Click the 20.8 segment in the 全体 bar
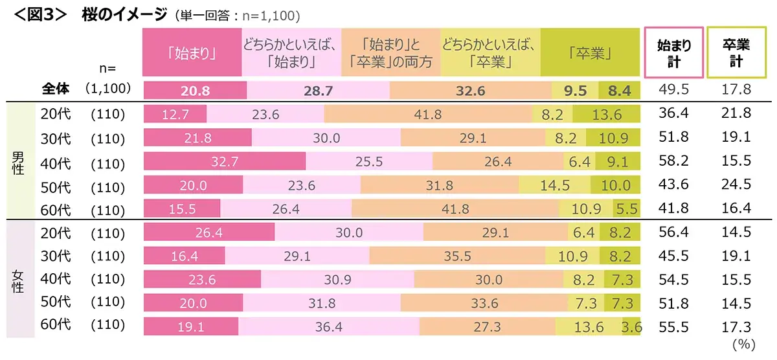[194, 91]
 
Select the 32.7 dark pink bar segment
[224, 161]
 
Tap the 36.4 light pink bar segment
[328, 327]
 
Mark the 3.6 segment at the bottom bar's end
[631, 327]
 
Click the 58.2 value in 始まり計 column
[674, 161]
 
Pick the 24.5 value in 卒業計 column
[737, 185]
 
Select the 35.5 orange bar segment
[457, 256]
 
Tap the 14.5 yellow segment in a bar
[554, 185]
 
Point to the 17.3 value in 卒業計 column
[737, 327]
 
